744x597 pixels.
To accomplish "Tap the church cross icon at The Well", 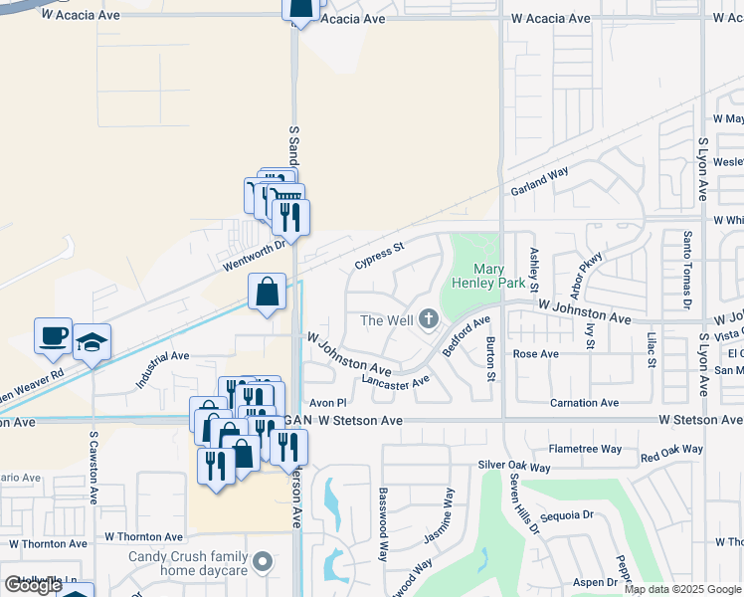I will tap(429, 319).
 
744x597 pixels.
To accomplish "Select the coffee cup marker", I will tap(54, 336).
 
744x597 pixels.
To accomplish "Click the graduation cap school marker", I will tap(93, 342).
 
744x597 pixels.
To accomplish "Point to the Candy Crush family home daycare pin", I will tap(263, 562).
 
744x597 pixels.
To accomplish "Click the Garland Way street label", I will tap(539, 180).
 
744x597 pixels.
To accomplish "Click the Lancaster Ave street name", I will tap(395, 379).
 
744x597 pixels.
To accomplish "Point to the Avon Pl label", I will tap(327, 403).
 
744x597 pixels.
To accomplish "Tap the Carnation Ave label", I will tap(584, 403).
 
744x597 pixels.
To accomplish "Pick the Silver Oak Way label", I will tap(513, 465).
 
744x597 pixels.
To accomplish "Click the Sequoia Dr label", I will tap(566, 515).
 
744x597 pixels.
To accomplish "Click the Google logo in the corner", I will tap(32, 585).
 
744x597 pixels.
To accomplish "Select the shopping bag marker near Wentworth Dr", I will tap(268, 293).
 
